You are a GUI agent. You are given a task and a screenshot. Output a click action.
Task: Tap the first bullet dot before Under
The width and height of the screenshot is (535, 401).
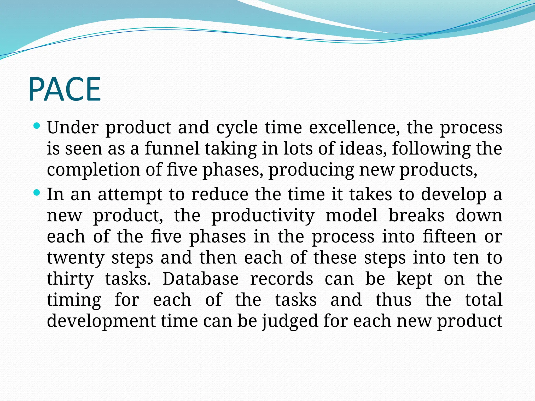pyautogui.click(x=37, y=126)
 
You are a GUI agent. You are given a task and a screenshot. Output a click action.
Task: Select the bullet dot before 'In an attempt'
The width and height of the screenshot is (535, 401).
pyautogui.click(x=37, y=193)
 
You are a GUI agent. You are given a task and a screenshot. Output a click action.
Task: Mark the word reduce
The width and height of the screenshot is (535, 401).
pyautogui.click(x=220, y=194)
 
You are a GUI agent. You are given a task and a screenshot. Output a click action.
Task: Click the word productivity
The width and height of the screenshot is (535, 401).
pyautogui.click(x=263, y=216)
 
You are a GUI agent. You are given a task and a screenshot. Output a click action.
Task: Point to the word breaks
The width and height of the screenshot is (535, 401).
pyautogui.click(x=416, y=216)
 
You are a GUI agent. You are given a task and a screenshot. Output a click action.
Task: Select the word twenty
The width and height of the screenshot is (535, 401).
pyautogui.click(x=76, y=258)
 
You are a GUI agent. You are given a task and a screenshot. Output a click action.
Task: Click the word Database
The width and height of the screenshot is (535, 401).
pyautogui.click(x=200, y=279)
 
